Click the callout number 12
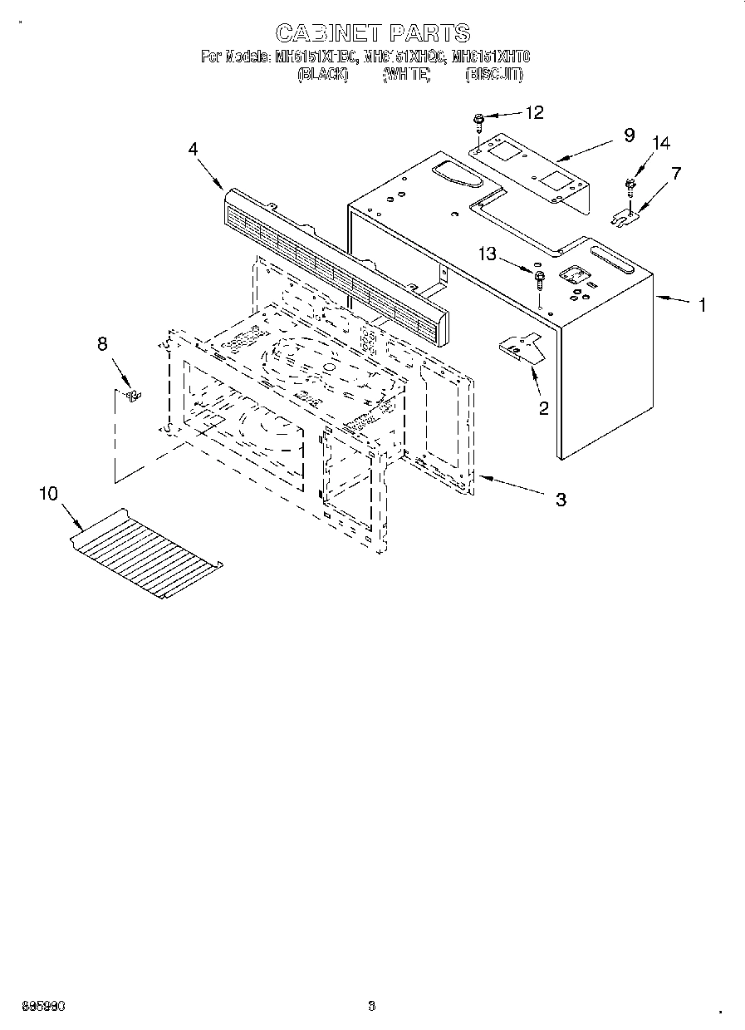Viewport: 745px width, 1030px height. tap(534, 112)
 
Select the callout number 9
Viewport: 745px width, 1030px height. tap(629, 135)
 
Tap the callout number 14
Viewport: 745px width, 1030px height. tap(660, 144)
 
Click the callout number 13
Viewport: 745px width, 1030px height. tap(487, 254)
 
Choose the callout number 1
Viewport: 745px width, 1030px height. tap(702, 304)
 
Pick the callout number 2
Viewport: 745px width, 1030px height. tap(543, 407)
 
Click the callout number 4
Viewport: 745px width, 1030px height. tap(193, 149)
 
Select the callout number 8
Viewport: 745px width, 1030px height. tap(102, 343)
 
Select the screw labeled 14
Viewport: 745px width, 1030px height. tap(630, 185)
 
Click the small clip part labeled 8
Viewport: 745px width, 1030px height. tap(130, 394)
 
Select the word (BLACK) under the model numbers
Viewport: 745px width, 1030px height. tap(322, 75)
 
